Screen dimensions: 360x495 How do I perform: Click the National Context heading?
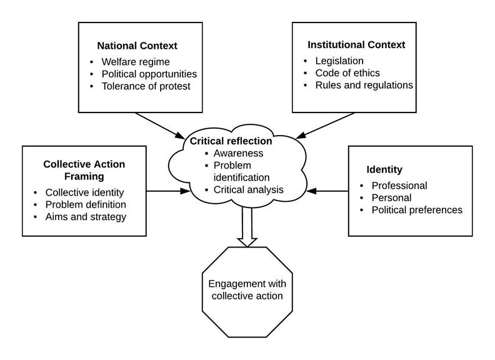[x=137, y=46]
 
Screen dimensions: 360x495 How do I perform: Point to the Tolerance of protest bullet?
[x=146, y=86]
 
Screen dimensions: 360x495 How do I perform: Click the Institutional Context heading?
[x=356, y=45]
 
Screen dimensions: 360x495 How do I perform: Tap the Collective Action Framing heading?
[x=84, y=170]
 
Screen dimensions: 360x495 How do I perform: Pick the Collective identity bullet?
[x=84, y=192]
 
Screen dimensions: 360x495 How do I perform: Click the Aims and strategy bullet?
[x=86, y=216]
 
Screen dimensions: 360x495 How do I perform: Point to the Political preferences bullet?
[x=417, y=209]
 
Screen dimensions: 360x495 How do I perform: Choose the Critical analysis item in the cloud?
[x=248, y=189]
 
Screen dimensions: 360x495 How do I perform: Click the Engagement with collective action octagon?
[x=247, y=290]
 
